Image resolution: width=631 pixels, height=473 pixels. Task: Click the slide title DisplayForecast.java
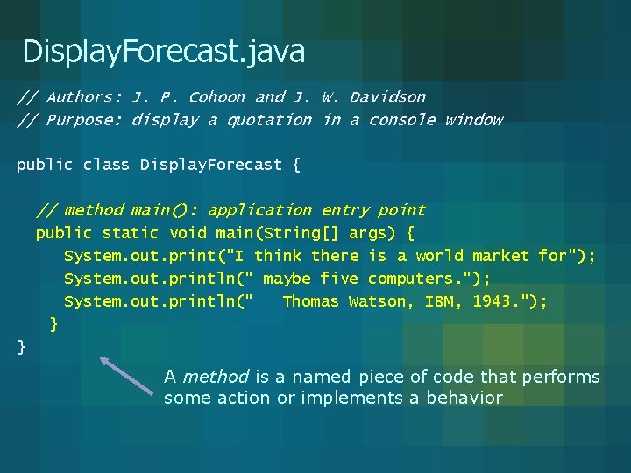[x=164, y=52]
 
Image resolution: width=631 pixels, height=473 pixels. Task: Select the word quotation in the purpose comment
[x=269, y=120]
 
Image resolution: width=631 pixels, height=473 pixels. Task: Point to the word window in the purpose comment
[x=473, y=120]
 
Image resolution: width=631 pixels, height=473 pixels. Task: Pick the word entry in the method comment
[x=344, y=210]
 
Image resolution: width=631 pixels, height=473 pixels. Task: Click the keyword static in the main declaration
[x=131, y=233]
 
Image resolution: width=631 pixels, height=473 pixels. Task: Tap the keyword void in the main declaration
[x=188, y=233]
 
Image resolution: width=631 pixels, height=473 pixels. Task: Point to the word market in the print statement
[x=500, y=256]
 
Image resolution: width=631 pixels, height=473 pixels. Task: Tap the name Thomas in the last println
[x=310, y=301]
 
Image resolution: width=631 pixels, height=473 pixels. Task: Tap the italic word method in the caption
[x=216, y=378]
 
